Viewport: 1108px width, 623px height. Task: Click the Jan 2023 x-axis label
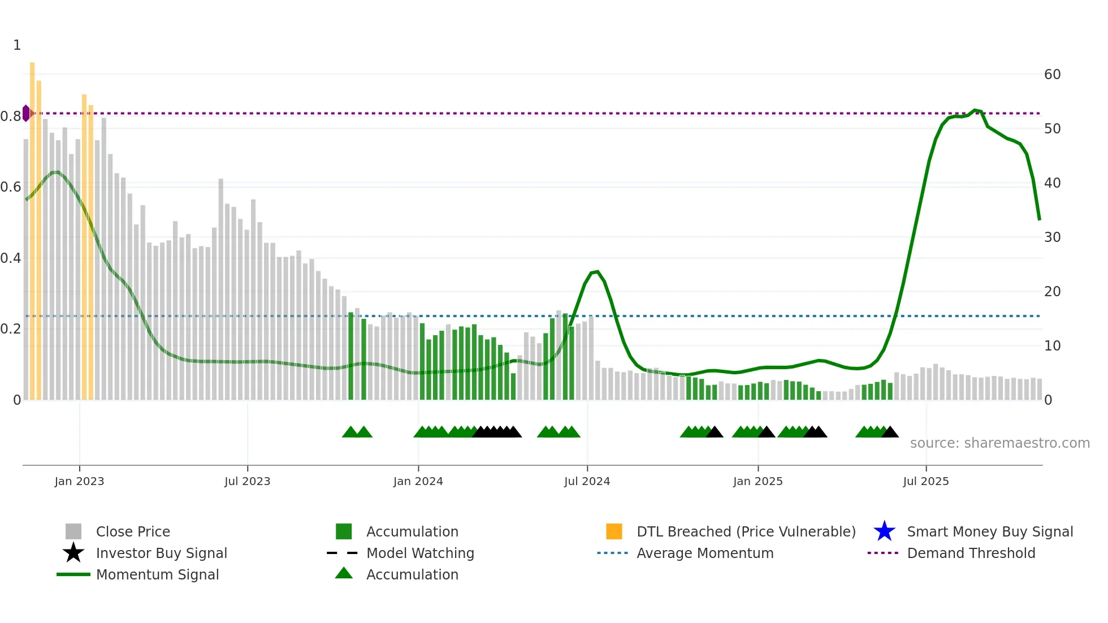79,481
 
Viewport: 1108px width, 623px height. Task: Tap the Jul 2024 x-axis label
587,481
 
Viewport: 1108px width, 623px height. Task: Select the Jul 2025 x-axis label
925,481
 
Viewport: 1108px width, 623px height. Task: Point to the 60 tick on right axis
1052,74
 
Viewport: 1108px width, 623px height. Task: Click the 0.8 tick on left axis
11,116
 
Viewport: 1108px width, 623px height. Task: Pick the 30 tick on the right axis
1052,237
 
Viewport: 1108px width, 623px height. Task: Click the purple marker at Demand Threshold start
26,113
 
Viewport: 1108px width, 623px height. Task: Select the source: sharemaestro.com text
999,443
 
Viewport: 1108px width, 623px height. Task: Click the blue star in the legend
884,531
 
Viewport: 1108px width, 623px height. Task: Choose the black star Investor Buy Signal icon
73,553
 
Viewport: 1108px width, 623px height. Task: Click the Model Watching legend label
420,553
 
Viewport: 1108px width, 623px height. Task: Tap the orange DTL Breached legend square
614,531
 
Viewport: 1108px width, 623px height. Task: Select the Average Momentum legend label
705,553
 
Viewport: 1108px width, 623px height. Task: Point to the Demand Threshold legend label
971,553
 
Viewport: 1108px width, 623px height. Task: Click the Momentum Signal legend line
73,574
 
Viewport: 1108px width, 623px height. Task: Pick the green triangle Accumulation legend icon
344,573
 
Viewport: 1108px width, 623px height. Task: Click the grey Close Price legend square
73,531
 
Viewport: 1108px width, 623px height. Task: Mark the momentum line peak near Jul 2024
597,272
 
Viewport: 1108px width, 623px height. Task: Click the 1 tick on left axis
17,45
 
